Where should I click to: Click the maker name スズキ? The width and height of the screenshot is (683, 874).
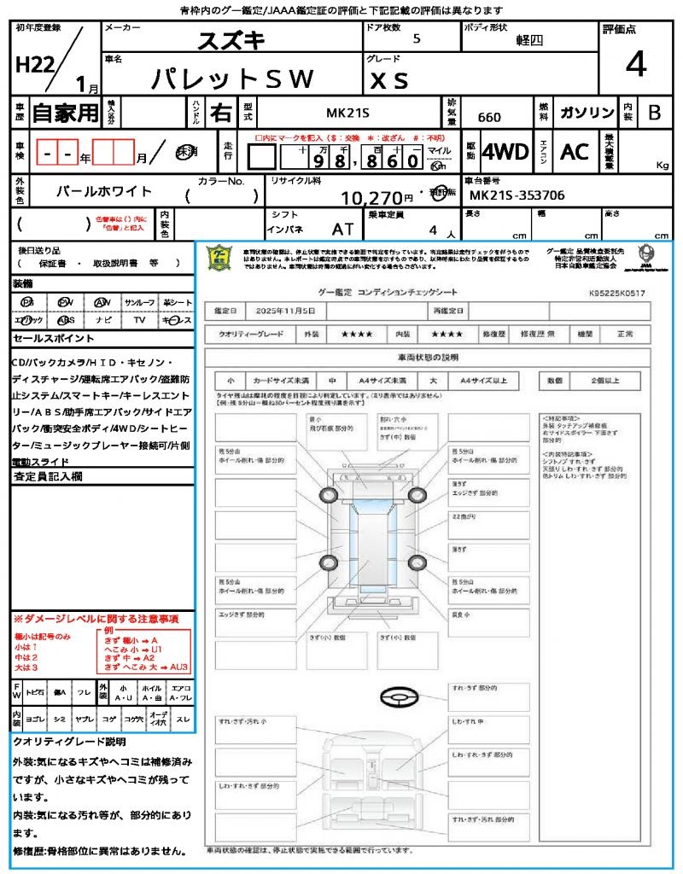click(x=231, y=40)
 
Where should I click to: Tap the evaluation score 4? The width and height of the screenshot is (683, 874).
click(x=634, y=64)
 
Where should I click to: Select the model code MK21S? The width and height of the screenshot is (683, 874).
click(x=347, y=113)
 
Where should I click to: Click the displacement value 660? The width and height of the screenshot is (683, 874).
click(x=489, y=117)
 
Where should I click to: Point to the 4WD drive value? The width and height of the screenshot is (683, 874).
click(x=505, y=152)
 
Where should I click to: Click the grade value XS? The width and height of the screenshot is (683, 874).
click(x=389, y=79)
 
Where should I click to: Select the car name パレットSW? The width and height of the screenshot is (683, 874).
click(x=232, y=79)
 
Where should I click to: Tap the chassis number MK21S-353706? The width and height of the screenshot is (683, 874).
click(x=517, y=195)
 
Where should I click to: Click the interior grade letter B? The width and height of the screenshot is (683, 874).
click(x=654, y=113)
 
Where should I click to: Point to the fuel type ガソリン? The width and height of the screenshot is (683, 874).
click(x=586, y=113)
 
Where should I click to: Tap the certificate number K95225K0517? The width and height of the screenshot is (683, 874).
click(x=616, y=293)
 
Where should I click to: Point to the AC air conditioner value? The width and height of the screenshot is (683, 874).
click(x=575, y=152)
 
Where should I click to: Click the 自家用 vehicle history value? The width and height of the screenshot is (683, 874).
click(x=65, y=113)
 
